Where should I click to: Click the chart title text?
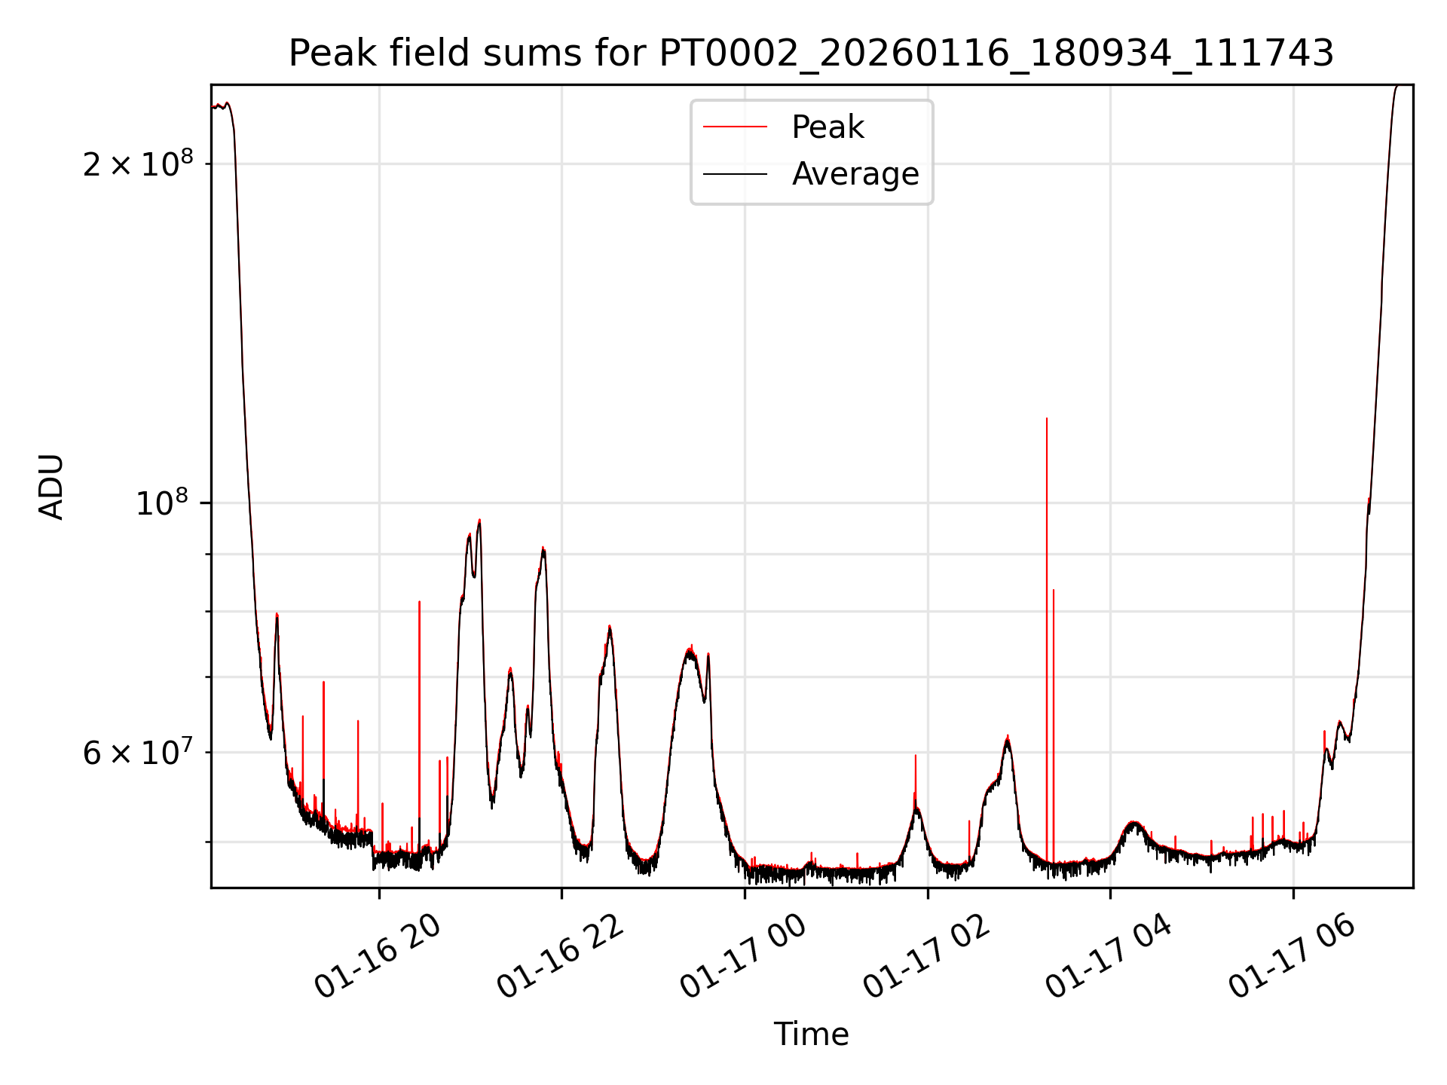811,53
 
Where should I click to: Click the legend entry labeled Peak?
828,127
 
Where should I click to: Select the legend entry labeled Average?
855,174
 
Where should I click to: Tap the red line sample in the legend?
735,127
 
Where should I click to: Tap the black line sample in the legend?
735,174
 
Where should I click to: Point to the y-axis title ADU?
51,487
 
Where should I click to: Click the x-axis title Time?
811,1035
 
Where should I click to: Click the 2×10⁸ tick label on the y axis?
137,164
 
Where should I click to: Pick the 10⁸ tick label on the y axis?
161,503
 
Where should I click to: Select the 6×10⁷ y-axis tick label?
137,752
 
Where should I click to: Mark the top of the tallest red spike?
1046,419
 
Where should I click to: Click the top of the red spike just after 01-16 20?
419,602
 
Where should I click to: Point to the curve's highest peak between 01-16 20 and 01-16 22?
479,520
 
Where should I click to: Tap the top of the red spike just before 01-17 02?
915,756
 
